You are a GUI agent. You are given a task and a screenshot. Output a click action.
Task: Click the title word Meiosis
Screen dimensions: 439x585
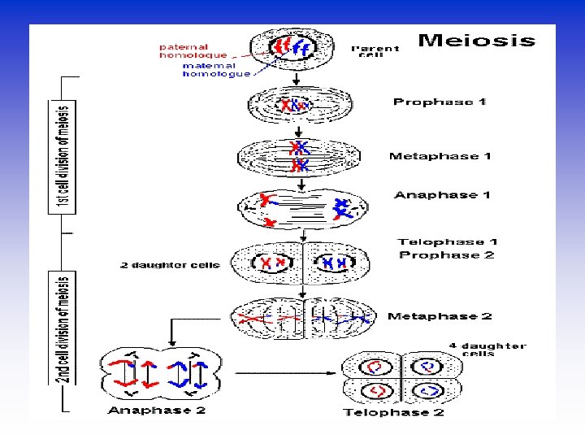pos(477,40)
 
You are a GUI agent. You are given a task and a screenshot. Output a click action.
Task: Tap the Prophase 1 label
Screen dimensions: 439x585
pos(440,102)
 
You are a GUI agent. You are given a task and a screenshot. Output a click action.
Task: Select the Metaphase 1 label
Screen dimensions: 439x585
pos(440,156)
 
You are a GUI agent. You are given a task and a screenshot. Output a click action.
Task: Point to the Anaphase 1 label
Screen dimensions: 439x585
pos(442,195)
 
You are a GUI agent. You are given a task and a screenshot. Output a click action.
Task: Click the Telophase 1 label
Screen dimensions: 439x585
pos(448,241)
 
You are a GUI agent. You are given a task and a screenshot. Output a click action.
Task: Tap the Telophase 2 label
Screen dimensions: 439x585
pos(393,413)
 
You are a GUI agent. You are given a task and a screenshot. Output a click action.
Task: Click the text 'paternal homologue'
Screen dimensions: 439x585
pos(193,50)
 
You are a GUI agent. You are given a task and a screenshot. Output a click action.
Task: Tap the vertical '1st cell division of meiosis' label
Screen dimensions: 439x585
pos(63,156)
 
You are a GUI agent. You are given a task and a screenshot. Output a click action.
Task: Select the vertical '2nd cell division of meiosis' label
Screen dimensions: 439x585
pos(63,338)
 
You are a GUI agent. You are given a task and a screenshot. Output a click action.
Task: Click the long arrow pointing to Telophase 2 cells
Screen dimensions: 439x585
pos(284,375)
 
